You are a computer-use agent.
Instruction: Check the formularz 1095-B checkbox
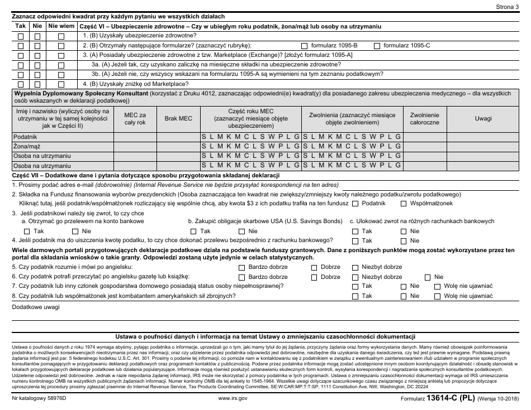tap(304, 45)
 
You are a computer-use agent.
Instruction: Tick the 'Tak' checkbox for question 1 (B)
tap(21, 36)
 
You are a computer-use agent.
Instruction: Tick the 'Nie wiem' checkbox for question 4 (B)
tap(61, 84)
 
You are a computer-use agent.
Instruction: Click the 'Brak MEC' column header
tap(178, 118)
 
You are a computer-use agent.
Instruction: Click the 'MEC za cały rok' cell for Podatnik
tap(134, 137)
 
